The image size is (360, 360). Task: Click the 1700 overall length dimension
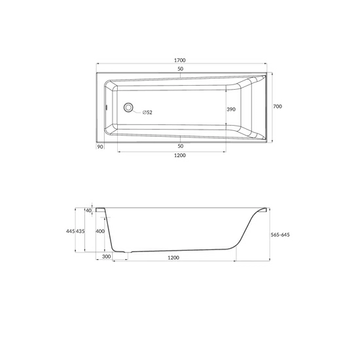180,60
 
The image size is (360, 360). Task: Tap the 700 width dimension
278,106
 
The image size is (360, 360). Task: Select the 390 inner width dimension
231,109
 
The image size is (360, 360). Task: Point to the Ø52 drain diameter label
147,113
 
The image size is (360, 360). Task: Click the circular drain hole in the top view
128,107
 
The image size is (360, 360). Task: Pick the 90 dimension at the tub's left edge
100,147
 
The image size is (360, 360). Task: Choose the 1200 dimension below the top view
180,155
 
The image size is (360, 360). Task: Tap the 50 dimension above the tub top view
181,69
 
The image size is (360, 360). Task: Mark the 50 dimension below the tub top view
181,146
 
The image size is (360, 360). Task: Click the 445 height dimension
71,231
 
